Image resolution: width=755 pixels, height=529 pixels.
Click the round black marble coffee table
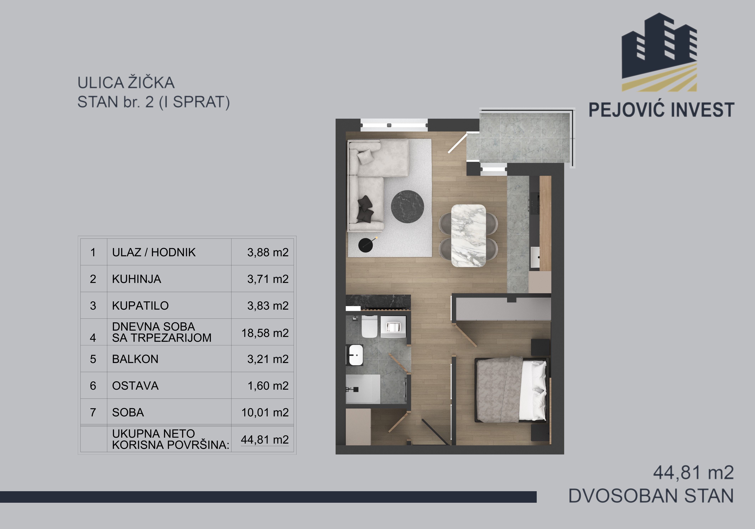coord(407,207)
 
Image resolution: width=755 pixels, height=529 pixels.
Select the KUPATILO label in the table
coord(140,305)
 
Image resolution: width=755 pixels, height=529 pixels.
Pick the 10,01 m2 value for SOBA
coord(265,412)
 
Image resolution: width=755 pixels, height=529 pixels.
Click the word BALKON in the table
coord(135,359)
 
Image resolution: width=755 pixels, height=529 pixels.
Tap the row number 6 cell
coord(93,386)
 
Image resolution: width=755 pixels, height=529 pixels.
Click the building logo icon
coord(659,52)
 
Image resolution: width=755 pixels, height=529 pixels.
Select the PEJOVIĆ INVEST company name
coord(661,110)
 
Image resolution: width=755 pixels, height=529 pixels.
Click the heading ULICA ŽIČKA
coord(126,83)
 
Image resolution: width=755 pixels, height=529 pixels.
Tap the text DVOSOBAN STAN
coord(651,496)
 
